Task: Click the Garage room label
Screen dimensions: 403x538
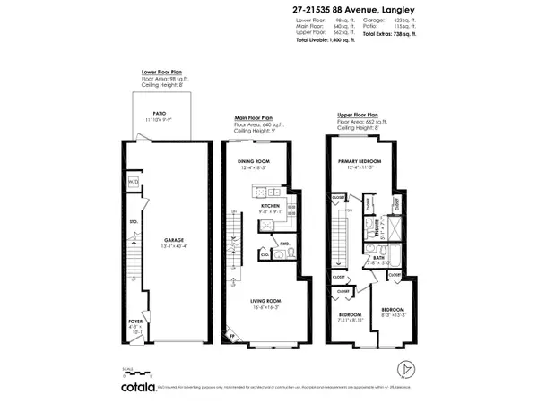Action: [x=174, y=240]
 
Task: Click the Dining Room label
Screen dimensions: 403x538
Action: [x=254, y=162]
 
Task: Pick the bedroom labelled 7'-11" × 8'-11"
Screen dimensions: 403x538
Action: [x=350, y=315]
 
